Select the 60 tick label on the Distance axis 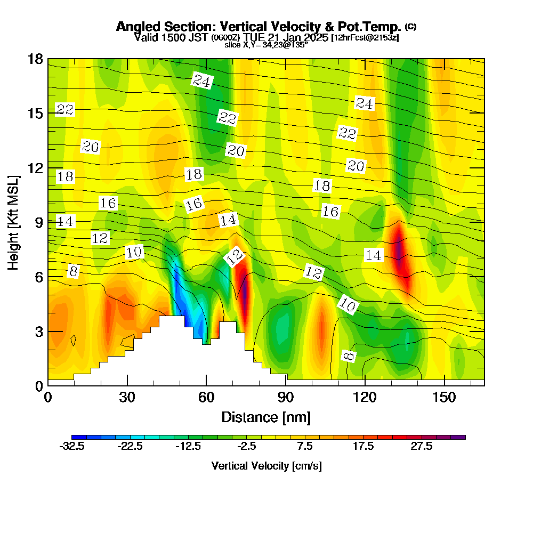(207, 398)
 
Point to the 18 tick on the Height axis (36, 59)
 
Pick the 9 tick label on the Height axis (39, 222)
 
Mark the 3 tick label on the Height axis (39, 331)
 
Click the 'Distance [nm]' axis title (266, 417)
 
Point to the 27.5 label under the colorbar (421, 447)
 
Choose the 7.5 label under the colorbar (305, 447)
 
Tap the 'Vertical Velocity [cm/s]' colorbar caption (266, 466)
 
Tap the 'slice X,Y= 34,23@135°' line (266, 45)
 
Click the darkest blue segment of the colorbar (76, 437)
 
